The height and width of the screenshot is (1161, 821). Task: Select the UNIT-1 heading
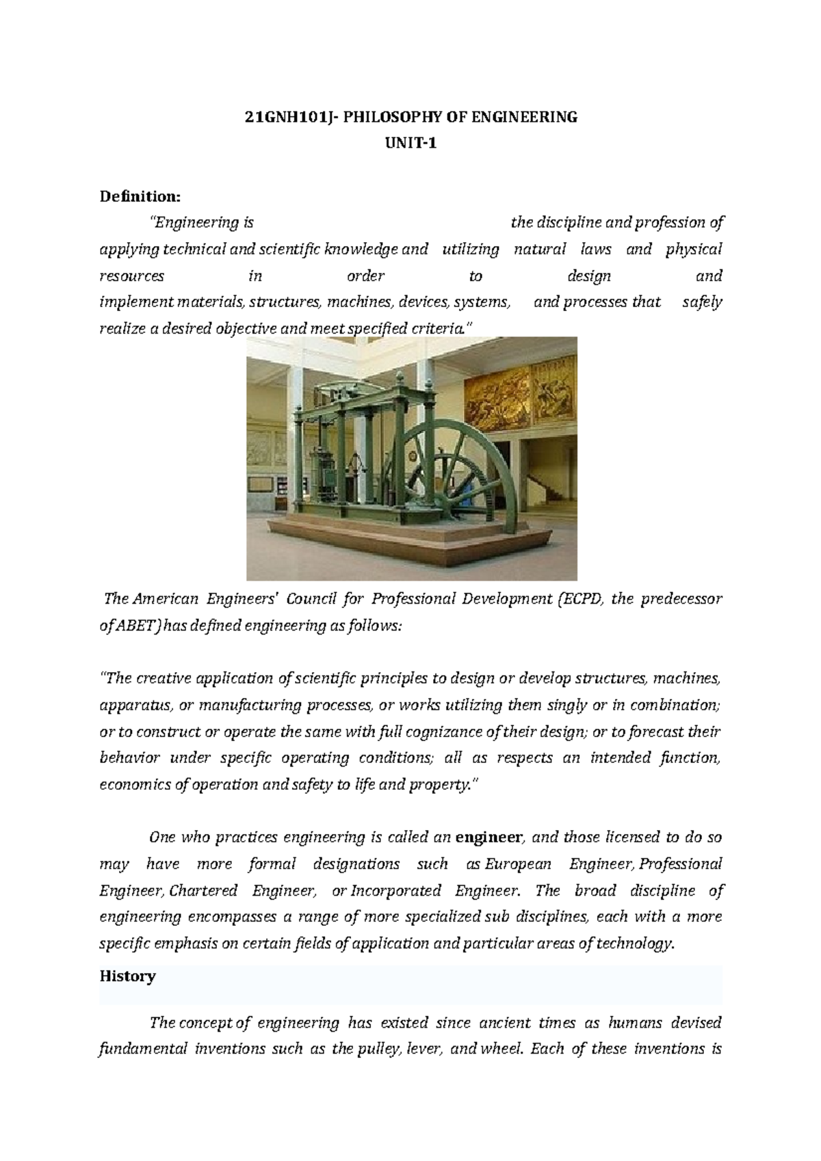[x=410, y=144]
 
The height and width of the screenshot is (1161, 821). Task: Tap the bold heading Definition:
[x=140, y=197]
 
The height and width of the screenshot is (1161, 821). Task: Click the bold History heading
[x=127, y=976]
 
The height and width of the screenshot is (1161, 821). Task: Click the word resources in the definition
[x=131, y=276]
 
